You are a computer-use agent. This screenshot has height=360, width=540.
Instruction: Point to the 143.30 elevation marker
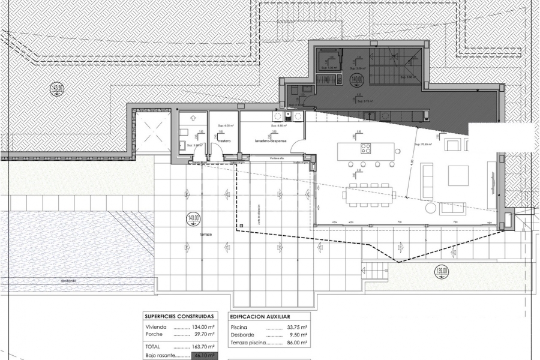tap(58, 89)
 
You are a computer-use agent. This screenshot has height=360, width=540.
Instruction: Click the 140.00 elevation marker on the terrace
tap(192, 219)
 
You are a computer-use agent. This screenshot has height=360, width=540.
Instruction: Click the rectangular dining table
tap(369, 194)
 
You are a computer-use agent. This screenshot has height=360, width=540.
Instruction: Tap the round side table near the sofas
tap(430, 208)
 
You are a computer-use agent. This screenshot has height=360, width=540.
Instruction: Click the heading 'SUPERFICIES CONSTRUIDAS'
tap(179, 316)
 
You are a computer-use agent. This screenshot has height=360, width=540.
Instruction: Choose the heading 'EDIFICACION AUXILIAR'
tap(260, 316)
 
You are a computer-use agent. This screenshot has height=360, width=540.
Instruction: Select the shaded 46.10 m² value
tap(202, 356)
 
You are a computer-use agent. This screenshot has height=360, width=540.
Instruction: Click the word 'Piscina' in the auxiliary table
tap(238, 327)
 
